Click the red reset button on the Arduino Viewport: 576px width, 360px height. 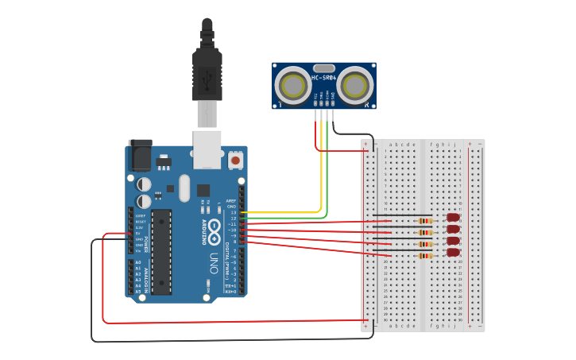[x=235, y=161]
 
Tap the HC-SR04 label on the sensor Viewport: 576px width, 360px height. [x=324, y=78]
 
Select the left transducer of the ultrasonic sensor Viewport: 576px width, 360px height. [x=293, y=85]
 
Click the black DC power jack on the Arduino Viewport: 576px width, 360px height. [x=140, y=155]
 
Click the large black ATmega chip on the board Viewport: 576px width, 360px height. [x=161, y=251]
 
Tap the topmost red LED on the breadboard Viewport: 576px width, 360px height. [x=454, y=217]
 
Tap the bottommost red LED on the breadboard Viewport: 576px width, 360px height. [x=454, y=253]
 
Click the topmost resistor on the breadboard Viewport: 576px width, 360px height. [x=426, y=221]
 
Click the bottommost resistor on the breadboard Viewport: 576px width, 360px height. [x=426, y=256]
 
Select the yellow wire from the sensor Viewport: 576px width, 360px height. [x=321, y=167]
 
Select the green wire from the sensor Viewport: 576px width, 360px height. [x=327, y=171]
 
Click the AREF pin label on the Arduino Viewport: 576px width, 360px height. [x=230, y=200]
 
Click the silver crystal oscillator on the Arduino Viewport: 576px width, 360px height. [x=184, y=188]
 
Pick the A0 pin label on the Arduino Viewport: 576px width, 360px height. [x=137, y=262]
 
